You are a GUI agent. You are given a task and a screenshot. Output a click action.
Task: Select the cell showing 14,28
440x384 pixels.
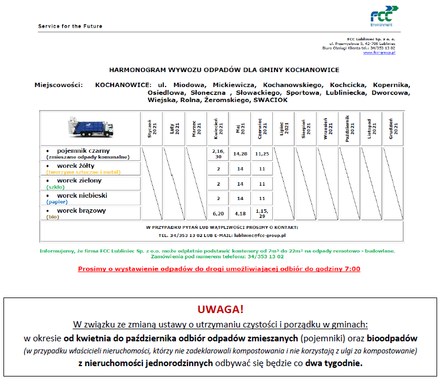(240, 154)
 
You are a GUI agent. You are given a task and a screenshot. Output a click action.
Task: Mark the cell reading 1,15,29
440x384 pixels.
(262, 213)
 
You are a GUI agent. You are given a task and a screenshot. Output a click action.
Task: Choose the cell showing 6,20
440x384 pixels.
(218, 213)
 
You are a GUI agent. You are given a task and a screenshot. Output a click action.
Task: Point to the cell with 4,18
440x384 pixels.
(240, 213)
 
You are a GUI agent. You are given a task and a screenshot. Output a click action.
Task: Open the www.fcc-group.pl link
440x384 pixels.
(379, 52)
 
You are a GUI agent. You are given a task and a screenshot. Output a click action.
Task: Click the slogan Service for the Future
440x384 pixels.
(70, 27)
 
